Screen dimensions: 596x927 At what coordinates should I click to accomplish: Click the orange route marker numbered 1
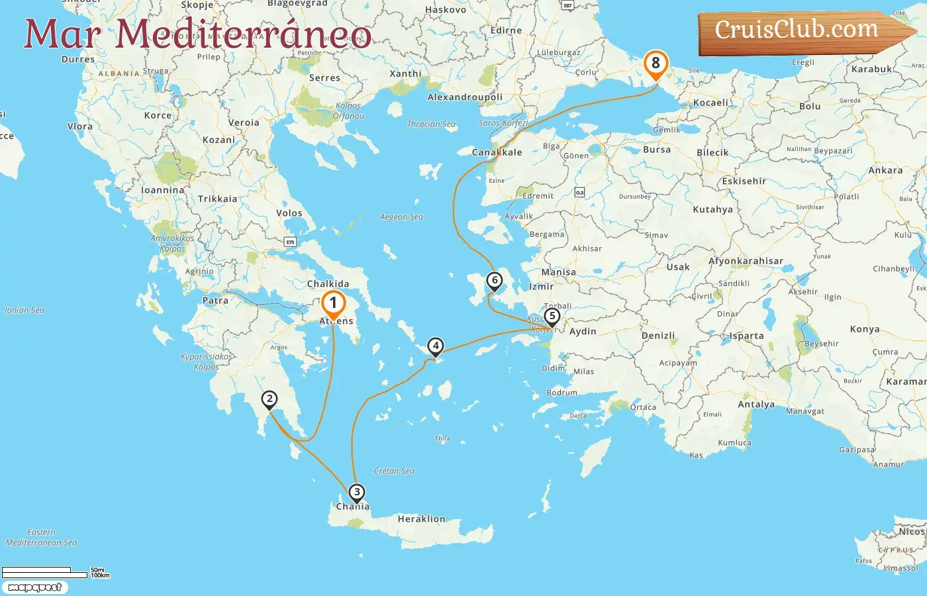[333, 303]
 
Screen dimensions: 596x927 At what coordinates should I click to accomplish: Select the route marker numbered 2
[269, 399]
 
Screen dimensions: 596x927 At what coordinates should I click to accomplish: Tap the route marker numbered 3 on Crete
[357, 492]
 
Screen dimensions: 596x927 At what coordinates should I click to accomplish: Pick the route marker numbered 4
[435, 346]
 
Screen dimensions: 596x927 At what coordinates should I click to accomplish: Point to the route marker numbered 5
[552, 317]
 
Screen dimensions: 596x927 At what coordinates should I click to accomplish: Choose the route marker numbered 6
[494, 280]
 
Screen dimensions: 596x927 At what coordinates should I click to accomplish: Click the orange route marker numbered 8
[656, 64]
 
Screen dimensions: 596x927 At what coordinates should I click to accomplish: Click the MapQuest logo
[34, 587]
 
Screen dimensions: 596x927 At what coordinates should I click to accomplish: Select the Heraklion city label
[421, 519]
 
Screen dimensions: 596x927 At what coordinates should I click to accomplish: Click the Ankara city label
[885, 170]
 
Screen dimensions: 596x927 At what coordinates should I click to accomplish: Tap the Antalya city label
[756, 405]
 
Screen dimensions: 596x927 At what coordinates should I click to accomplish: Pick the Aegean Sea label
[401, 217]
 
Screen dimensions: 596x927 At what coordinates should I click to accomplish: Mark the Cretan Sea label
[394, 471]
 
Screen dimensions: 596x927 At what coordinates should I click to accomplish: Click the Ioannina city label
[163, 190]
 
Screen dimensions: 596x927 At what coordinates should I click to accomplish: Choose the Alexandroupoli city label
[465, 97]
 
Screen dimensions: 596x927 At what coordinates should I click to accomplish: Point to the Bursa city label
[657, 150]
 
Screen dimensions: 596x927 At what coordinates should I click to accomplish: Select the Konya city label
[865, 329]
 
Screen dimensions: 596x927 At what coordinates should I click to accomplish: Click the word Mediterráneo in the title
[244, 34]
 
